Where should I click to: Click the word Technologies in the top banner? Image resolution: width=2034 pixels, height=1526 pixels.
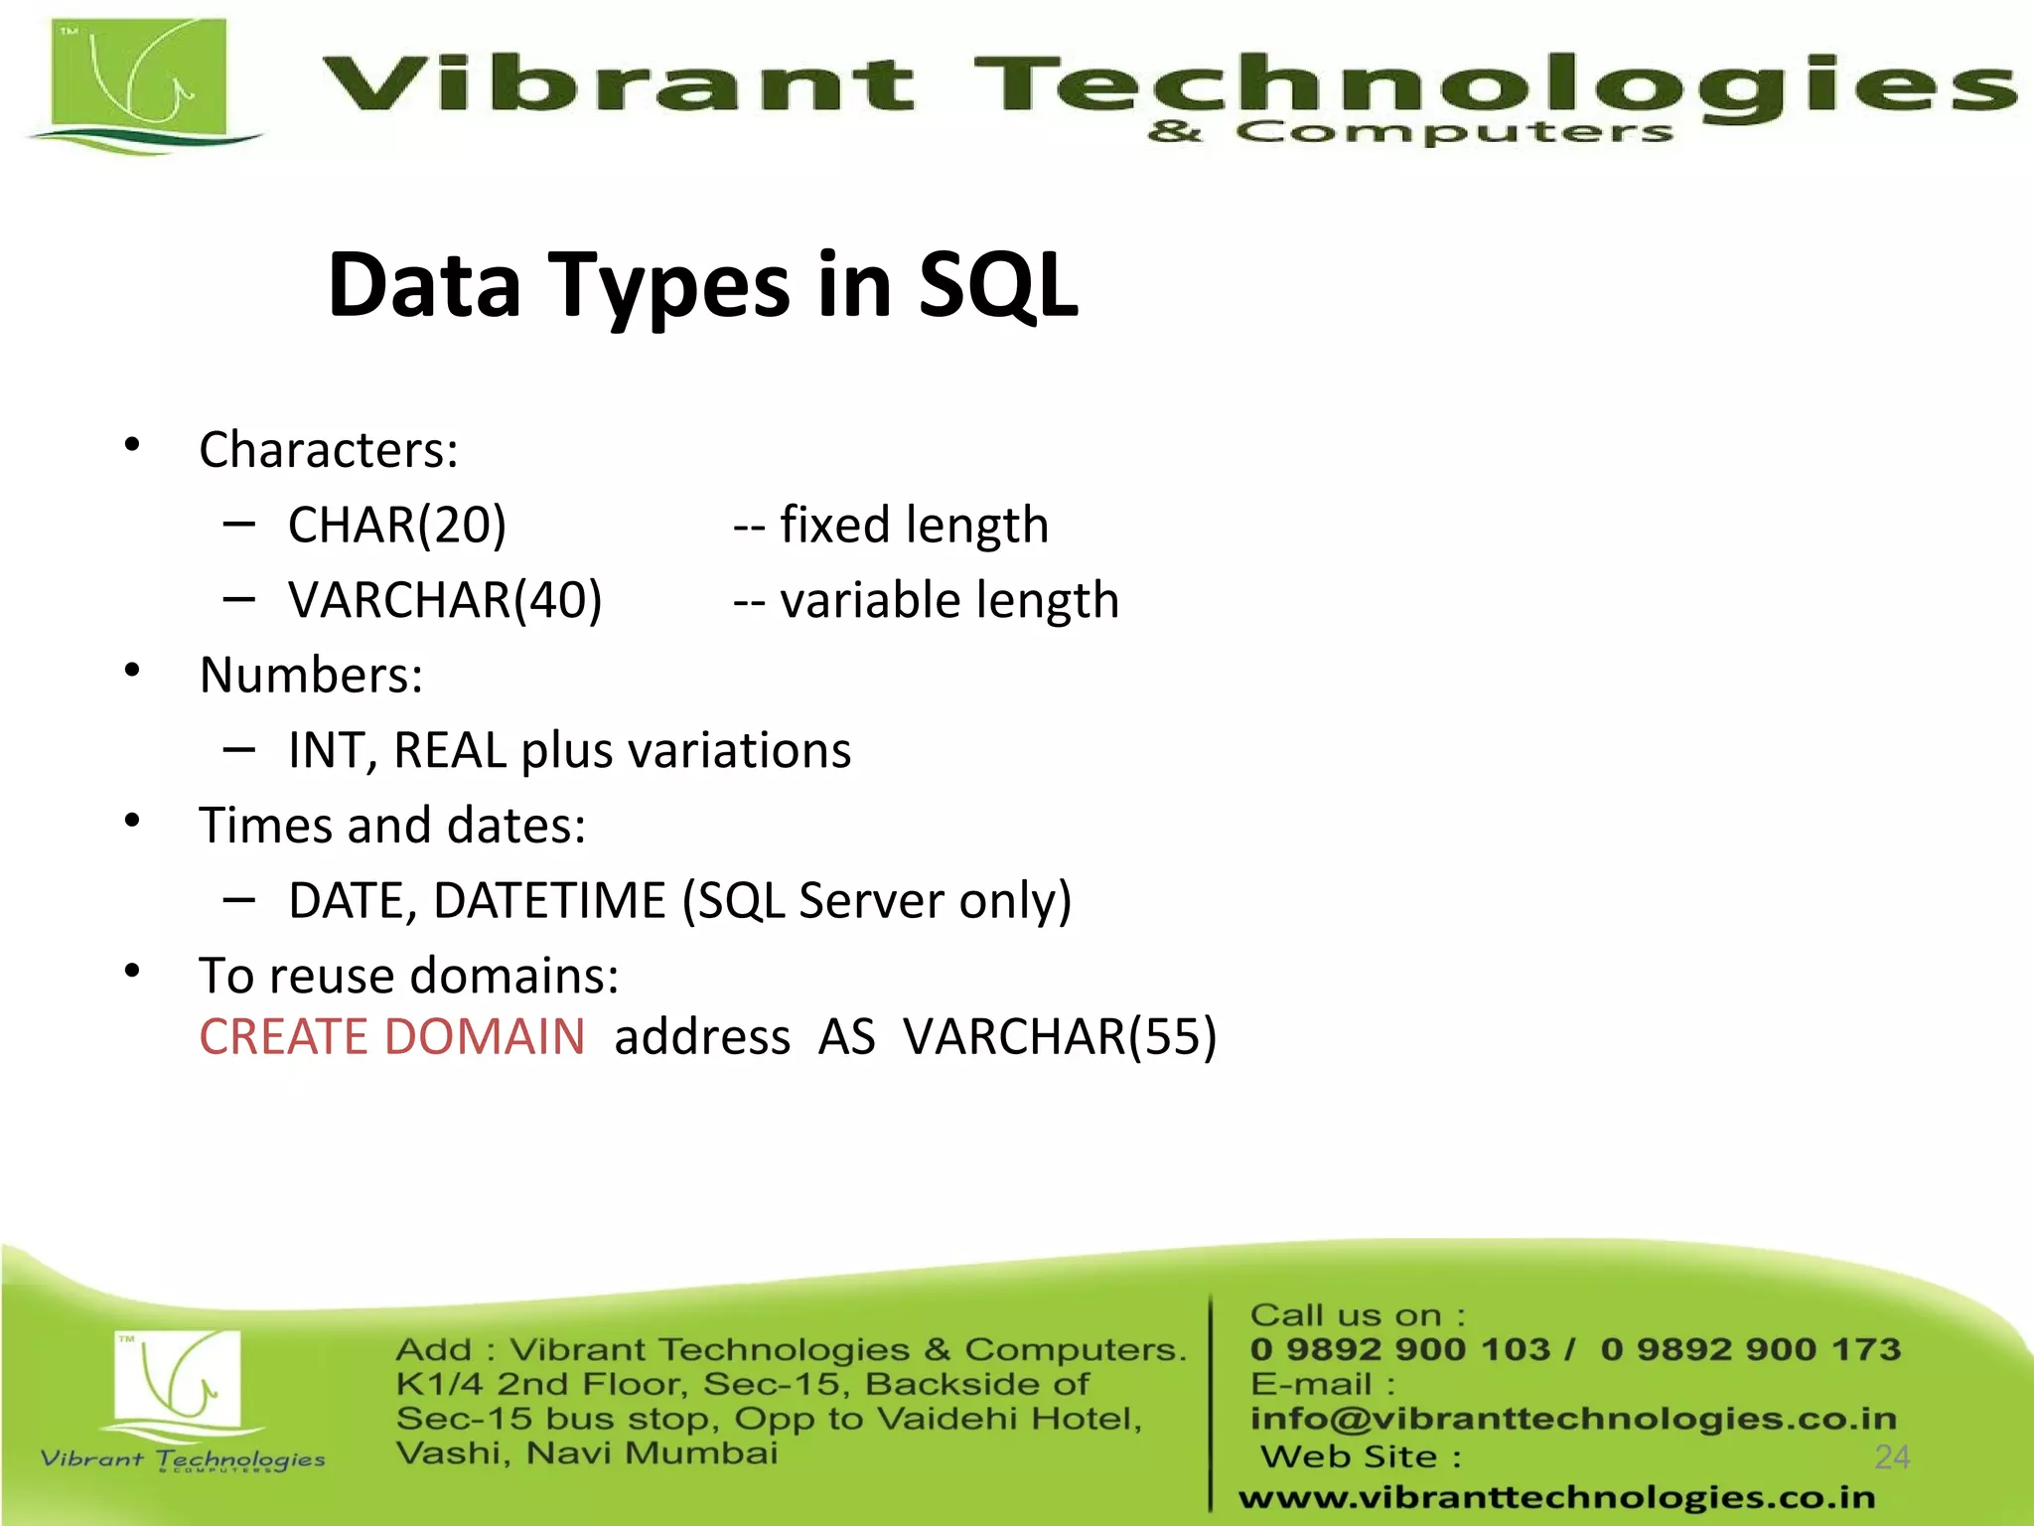(1490, 84)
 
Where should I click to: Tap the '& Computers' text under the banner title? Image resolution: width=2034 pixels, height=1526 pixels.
(1410, 131)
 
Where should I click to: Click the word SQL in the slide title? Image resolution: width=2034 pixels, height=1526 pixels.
(997, 285)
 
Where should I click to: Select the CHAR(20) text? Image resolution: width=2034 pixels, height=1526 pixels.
(397, 525)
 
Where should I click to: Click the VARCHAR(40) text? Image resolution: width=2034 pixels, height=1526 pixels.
(445, 600)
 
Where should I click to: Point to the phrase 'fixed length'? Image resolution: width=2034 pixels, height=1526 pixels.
(914, 525)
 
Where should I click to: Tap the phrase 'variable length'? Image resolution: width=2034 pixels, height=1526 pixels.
(948, 600)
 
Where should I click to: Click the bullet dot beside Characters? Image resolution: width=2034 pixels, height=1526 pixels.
(132, 445)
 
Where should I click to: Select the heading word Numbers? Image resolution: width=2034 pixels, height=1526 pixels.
(311, 676)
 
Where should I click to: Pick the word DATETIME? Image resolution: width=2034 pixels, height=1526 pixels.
(549, 901)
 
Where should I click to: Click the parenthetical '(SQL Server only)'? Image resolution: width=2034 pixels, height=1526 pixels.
(876, 901)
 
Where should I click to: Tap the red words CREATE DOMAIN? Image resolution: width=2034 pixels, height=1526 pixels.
(392, 1037)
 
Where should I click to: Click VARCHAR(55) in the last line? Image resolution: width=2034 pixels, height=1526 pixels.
(1059, 1037)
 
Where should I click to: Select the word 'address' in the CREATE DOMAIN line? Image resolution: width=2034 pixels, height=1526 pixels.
(702, 1037)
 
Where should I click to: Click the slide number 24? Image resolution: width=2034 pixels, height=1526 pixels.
(1892, 1456)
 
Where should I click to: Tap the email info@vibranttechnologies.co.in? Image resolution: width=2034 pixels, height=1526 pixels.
(1573, 1419)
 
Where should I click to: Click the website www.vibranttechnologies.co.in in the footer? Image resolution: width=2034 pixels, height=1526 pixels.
(1556, 1497)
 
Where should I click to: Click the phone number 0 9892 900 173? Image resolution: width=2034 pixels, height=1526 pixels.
(1750, 1349)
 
